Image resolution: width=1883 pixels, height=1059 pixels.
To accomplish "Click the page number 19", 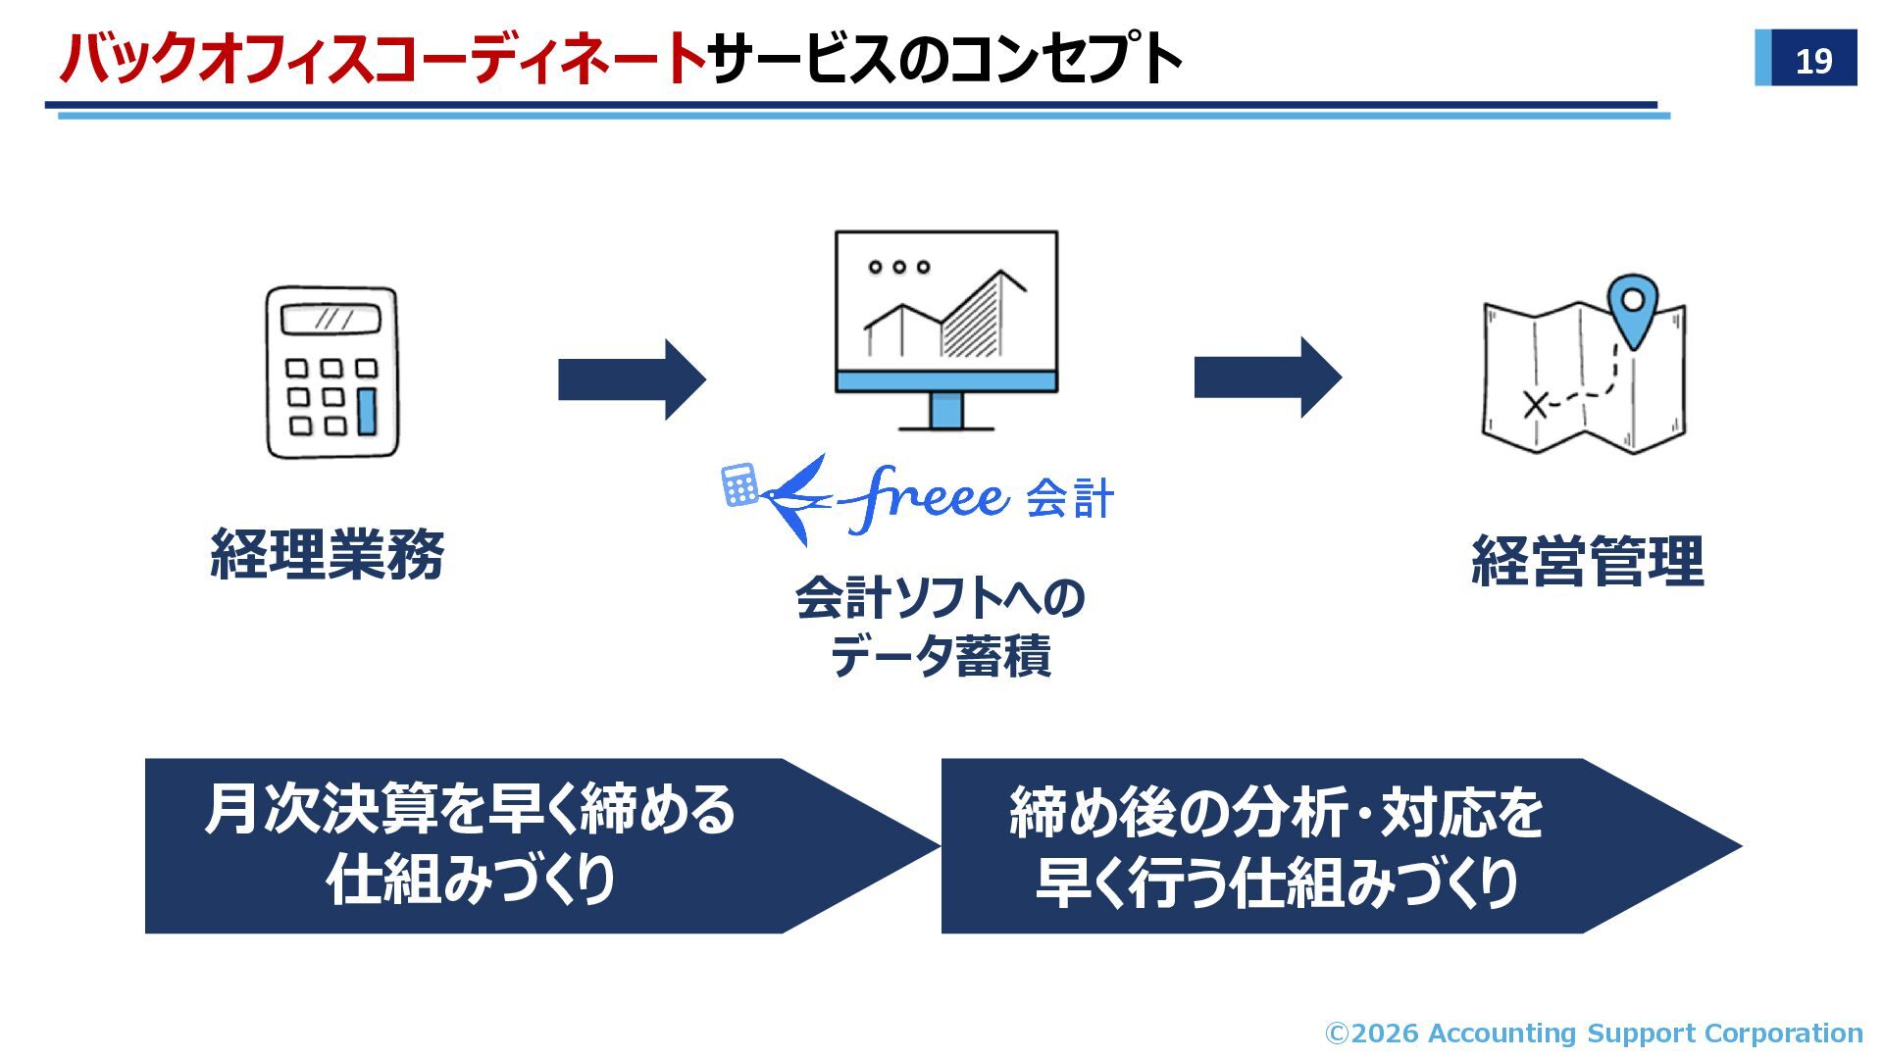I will pos(1813,61).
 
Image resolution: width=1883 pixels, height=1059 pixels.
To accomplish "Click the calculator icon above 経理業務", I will pos(332,373).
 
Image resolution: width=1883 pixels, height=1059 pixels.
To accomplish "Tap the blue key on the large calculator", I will pos(367,411).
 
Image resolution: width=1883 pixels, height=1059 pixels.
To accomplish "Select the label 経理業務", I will pos(328,555).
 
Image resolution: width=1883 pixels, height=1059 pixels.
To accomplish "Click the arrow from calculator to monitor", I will pos(631,379).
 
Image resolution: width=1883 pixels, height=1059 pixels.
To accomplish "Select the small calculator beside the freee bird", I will pos(739,485).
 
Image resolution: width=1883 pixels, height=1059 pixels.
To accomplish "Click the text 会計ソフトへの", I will pos(940,597).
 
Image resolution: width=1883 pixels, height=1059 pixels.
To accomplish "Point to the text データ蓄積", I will pos(940,656).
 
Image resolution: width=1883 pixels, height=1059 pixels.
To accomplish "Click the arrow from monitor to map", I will pos(1267,378).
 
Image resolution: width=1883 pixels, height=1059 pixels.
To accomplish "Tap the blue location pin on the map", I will pos(1633,306).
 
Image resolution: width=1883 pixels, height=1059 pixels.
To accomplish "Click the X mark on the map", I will pos(1535,404).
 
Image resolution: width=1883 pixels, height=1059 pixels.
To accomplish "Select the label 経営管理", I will pos(1587,561).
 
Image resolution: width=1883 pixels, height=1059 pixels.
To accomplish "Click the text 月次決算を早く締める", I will pos(470,810).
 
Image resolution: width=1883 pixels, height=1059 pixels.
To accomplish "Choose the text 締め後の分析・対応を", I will pos(1276,812).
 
